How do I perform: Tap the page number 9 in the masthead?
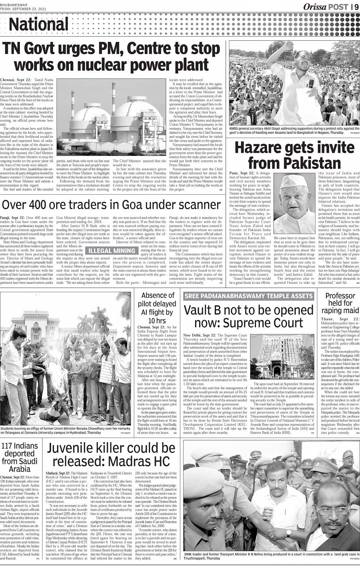(x=356, y=6)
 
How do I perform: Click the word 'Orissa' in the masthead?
(x=315, y=6)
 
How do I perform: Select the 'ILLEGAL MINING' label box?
(x=112, y=251)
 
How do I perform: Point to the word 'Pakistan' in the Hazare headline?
(x=294, y=163)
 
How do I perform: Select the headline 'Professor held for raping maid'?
(x=340, y=303)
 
